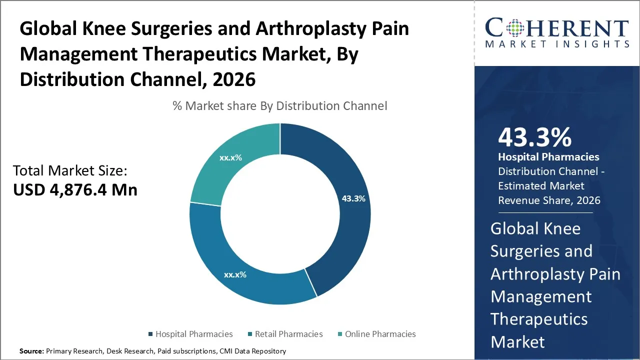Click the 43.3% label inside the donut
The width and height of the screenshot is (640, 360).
click(x=353, y=198)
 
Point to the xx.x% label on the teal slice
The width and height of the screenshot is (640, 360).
click(x=230, y=157)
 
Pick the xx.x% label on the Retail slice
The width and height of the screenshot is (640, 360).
click(x=235, y=274)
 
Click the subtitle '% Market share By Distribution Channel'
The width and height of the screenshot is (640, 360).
click(x=279, y=106)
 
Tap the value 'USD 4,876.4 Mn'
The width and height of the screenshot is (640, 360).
click(x=75, y=190)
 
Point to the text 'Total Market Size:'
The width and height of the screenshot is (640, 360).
click(x=70, y=171)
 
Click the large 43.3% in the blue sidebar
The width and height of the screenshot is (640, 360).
click(x=534, y=137)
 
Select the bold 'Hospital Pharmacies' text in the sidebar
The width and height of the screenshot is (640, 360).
click(x=548, y=157)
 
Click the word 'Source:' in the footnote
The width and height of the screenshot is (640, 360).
click(x=31, y=351)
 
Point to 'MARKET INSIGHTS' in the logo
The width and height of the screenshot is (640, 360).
click(x=556, y=44)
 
